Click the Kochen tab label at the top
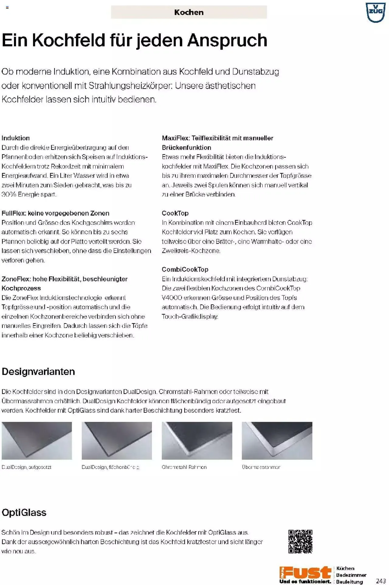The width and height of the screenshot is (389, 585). tap(189, 12)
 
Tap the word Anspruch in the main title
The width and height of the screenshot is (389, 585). tap(227, 40)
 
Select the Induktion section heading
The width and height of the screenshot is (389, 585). tap(16, 138)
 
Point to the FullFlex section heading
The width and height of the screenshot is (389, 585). tap(55, 213)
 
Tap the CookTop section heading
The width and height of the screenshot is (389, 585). tap(175, 213)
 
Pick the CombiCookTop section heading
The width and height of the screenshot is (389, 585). tap(185, 269)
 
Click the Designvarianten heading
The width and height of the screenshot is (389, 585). tap(38, 371)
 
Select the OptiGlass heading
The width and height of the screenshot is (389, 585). tap(24, 512)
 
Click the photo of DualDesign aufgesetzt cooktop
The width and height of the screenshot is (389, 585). tap(37, 440)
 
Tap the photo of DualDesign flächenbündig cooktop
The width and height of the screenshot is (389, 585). tap(117, 440)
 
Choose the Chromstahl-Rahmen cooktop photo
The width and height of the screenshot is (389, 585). tap(197, 440)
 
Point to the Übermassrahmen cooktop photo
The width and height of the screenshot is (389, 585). tap(277, 440)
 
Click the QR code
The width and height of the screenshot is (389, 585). tap(300, 542)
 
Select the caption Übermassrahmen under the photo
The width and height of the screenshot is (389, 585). tap(261, 467)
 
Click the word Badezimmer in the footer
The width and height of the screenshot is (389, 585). tap(351, 575)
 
